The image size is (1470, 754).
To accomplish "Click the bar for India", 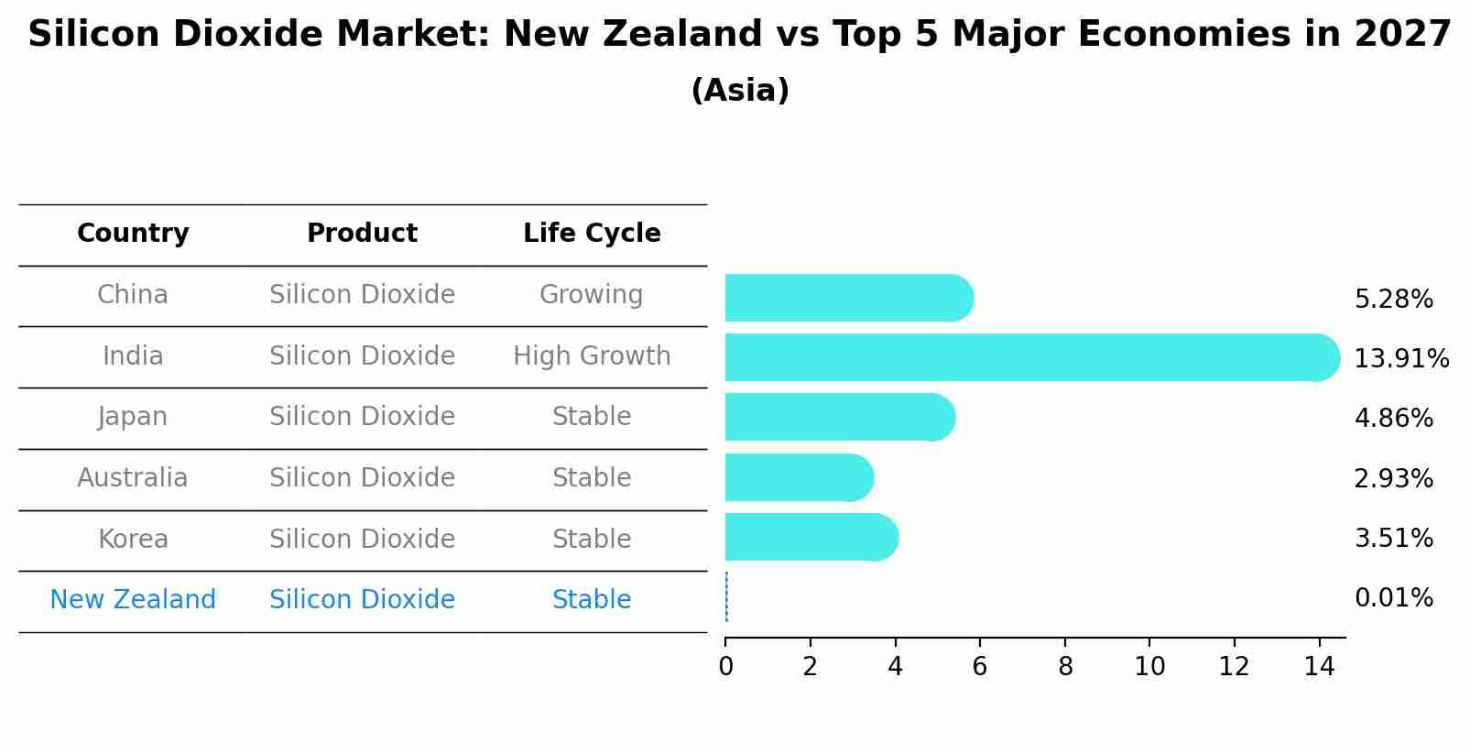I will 1032,357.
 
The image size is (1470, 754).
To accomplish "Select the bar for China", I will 849,298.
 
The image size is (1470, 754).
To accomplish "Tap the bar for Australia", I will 800,477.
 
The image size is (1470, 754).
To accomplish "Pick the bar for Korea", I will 811,537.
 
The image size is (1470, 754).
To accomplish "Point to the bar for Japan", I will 840,417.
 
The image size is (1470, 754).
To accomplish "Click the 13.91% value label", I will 1401,358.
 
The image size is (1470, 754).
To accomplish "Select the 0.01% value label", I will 1393,598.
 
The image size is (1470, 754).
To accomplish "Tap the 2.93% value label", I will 1393,478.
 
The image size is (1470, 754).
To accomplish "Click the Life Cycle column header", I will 592,234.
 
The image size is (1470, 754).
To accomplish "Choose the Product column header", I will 362,234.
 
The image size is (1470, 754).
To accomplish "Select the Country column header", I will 133,234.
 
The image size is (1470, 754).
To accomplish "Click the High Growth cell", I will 592,355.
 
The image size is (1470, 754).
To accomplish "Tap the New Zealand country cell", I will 133,600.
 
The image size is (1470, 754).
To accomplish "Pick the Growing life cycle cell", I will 592,295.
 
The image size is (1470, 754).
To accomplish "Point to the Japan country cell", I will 133,417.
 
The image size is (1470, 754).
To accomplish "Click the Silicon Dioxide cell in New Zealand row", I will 362,600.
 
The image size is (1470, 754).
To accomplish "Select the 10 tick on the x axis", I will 1149,667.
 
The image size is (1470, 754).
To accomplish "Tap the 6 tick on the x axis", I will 980,667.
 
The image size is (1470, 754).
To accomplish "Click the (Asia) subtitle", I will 740,91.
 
